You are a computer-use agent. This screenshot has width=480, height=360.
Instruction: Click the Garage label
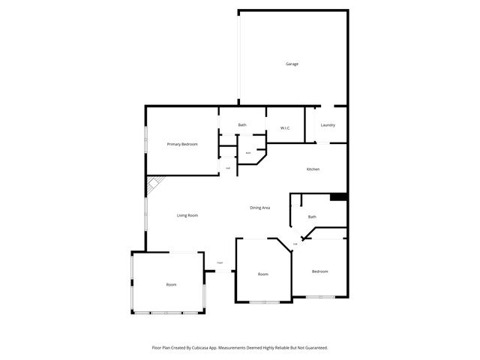[x=292, y=64]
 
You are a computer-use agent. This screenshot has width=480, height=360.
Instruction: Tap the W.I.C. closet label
[x=285, y=128]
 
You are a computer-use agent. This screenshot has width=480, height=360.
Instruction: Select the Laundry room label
[x=328, y=124]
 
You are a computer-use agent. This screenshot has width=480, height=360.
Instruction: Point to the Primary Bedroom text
[x=182, y=144]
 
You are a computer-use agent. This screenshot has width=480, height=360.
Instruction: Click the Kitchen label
[x=313, y=169]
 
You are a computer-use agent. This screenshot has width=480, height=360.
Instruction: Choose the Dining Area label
[x=260, y=207]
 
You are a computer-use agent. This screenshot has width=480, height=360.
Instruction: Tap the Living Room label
[x=187, y=215]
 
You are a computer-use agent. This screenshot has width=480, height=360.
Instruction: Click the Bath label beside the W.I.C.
[x=242, y=124]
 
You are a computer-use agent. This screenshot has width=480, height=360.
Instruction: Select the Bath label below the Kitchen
[x=312, y=217]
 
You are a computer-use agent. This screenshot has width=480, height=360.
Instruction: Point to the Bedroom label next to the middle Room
[x=320, y=271]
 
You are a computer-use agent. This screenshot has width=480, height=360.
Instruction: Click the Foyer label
[x=220, y=262]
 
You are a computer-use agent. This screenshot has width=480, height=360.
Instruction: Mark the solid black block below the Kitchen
[x=338, y=197]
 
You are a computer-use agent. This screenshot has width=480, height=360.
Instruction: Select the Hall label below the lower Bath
[x=295, y=244]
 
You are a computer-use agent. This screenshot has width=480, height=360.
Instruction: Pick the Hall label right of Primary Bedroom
[x=228, y=168]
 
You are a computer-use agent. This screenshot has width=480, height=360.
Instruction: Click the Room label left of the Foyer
[x=172, y=285]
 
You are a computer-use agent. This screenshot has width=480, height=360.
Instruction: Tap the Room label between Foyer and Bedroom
[x=263, y=274]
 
